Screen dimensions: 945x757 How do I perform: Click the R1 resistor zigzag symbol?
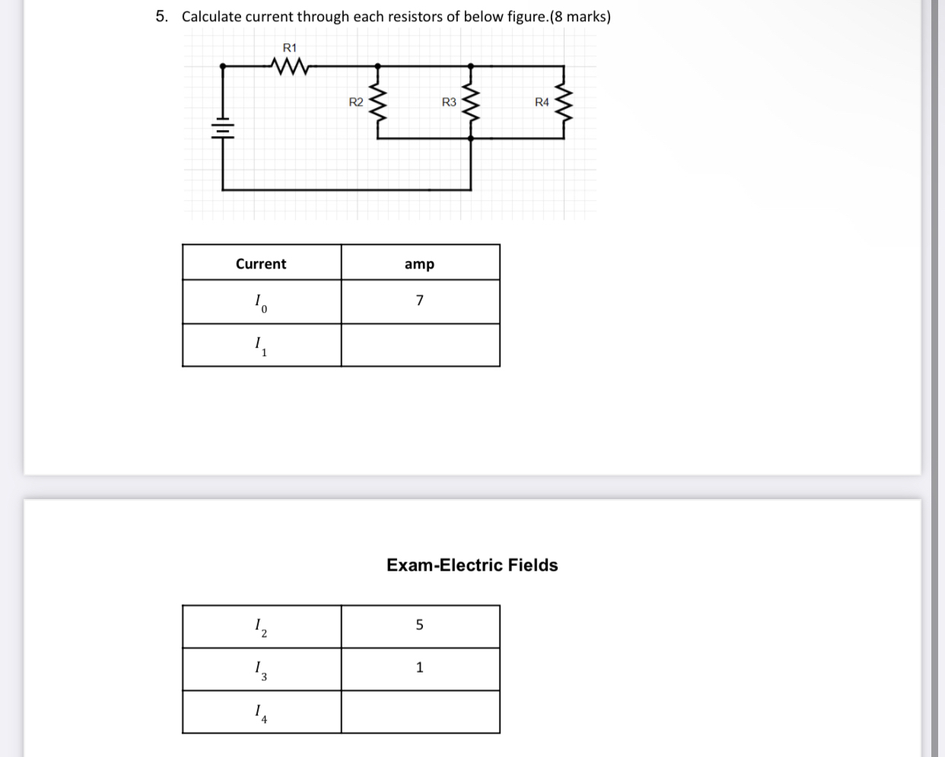coord(290,68)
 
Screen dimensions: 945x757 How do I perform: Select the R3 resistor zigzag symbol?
coord(471,103)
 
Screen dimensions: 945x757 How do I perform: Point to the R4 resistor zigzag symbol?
coord(564,103)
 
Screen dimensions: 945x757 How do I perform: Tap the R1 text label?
coord(290,48)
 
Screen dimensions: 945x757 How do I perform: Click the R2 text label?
coord(355,102)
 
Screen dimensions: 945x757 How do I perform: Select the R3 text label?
coord(449,102)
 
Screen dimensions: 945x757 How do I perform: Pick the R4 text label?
coord(542,102)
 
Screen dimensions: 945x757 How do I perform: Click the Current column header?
coord(261,264)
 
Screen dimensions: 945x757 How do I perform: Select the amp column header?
coord(419,264)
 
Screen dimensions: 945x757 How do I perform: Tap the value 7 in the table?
coord(419,301)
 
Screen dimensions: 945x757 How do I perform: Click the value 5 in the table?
coord(419,625)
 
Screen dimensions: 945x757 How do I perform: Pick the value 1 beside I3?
coord(419,667)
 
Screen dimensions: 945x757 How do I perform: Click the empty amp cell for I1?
coord(420,345)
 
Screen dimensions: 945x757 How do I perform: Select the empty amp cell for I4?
coord(420,712)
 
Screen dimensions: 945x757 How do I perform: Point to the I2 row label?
coord(260,627)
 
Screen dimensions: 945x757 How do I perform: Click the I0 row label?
coord(260,303)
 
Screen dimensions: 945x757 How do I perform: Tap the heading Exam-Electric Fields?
coord(472,565)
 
